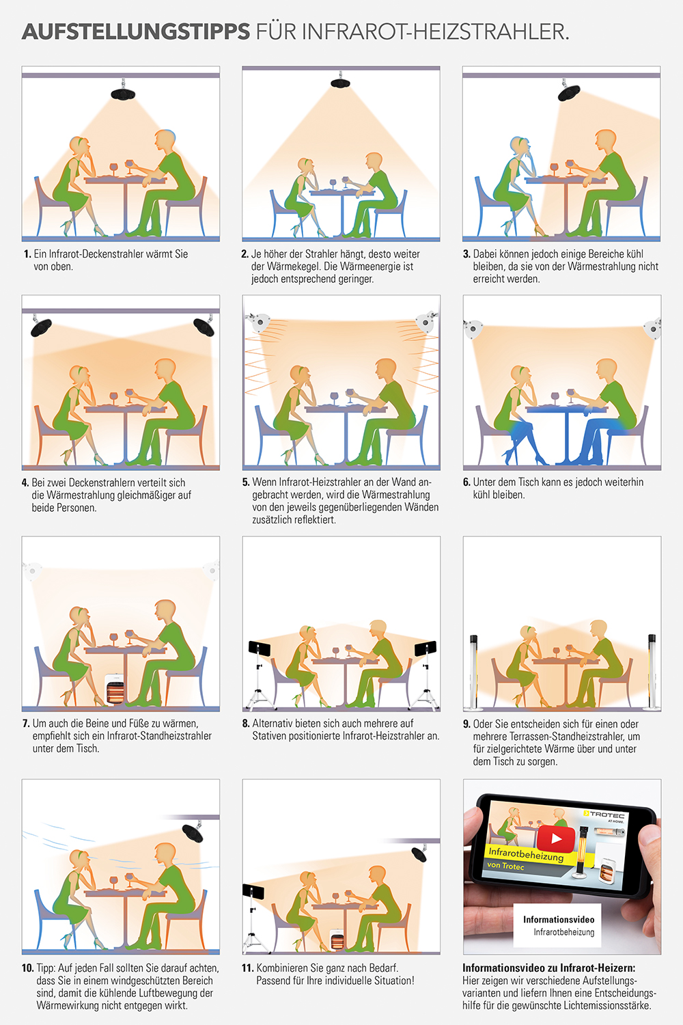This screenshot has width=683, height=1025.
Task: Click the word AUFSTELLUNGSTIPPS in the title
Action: point(136,31)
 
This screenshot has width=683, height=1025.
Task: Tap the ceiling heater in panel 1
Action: point(123,94)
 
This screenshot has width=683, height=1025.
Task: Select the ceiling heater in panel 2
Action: point(340,83)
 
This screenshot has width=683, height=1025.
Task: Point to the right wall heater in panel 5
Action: point(426,322)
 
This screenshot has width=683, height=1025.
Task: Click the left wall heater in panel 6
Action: point(473,328)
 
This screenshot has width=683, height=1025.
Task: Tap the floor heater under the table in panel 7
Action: point(115,689)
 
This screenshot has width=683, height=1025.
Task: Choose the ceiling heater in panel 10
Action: point(192,833)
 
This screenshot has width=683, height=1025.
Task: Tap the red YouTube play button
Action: point(556,838)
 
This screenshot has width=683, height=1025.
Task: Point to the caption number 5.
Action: point(246,482)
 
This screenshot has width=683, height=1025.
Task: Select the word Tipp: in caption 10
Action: point(46,968)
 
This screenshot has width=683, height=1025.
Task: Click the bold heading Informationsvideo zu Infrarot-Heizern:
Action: point(548,968)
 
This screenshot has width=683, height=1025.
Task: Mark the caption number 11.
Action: point(247,968)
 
